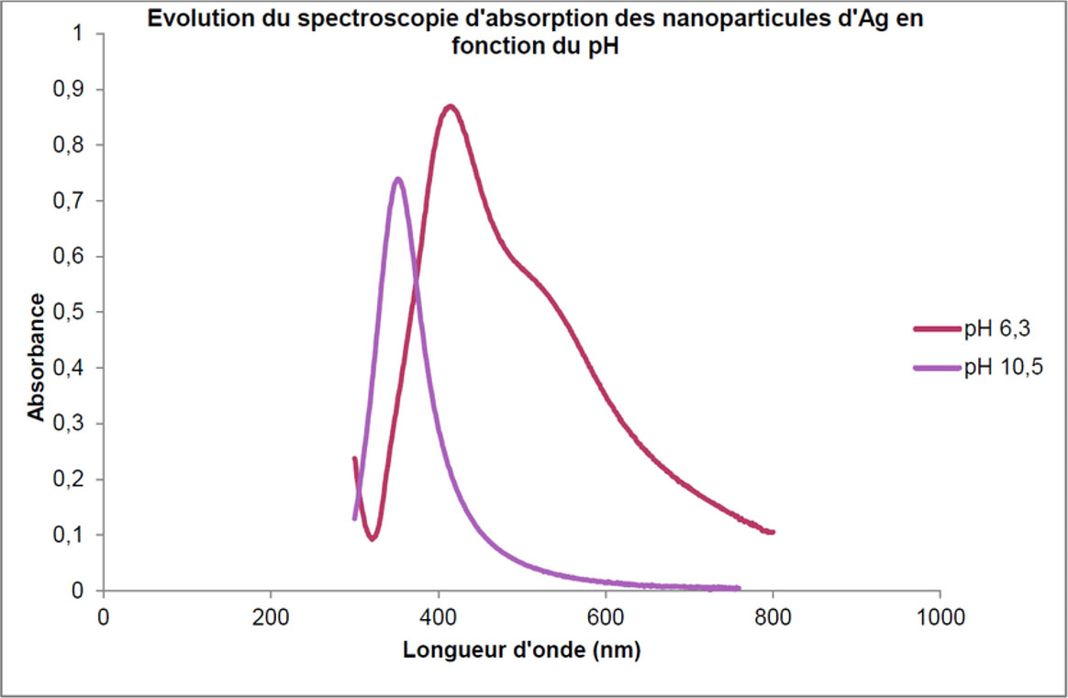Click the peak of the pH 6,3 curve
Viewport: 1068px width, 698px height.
click(x=450, y=107)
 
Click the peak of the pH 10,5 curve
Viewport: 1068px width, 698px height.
click(x=397, y=180)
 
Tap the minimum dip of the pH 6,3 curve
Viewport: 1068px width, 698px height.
click(x=373, y=537)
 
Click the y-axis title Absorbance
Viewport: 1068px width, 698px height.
click(x=36, y=357)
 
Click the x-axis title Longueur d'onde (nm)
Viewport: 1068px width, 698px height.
click(x=521, y=651)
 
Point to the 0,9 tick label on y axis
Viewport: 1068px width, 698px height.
click(x=70, y=90)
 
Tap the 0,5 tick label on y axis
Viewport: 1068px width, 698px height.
click(x=70, y=313)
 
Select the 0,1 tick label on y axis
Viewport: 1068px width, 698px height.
click(x=70, y=536)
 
